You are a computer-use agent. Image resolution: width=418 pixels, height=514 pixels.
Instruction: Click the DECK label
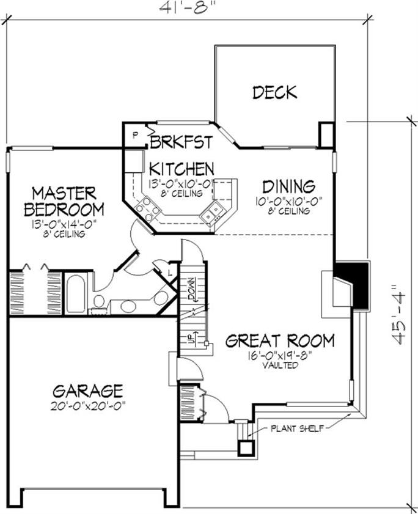tap(275, 92)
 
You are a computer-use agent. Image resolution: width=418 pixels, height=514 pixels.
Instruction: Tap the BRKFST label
tap(182, 142)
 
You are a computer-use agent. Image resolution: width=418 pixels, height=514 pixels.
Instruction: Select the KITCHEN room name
tap(182, 169)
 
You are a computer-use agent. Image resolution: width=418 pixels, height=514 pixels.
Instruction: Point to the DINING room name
tap(289, 186)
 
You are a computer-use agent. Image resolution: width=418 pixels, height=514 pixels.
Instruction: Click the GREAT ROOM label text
tap(280, 340)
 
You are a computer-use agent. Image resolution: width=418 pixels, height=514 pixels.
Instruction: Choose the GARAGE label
tap(88, 391)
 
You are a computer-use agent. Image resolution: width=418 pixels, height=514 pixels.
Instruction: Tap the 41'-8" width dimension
tap(188, 7)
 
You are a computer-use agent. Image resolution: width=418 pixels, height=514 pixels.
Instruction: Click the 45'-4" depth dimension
tap(399, 314)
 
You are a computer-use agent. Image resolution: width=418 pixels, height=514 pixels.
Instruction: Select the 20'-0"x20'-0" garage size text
tap(89, 406)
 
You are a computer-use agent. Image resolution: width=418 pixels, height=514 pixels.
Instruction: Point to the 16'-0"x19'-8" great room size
tap(280, 356)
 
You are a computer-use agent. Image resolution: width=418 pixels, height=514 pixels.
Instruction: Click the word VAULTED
tap(280, 365)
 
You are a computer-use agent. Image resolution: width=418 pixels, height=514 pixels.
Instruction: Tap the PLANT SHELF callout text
tap(298, 428)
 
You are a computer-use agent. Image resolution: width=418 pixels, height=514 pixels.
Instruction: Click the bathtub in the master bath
tap(75, 294)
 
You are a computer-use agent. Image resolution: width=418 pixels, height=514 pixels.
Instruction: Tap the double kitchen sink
tap(211, 213)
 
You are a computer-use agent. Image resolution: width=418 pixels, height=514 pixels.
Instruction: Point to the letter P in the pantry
tap(134, 135)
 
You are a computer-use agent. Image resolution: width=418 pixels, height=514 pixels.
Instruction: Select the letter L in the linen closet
tap(170, 273)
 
